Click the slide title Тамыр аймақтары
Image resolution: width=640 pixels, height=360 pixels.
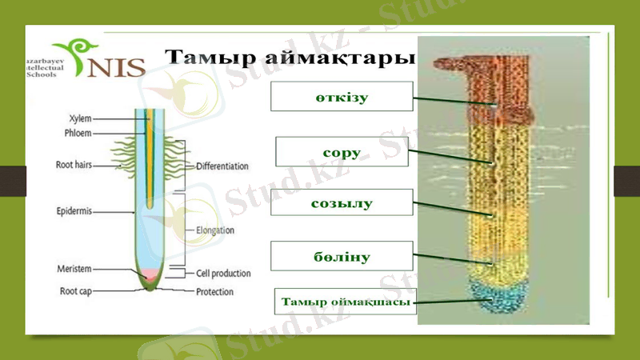click(x=290, y=57)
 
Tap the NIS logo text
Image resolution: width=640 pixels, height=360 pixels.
click(x=116, y=66)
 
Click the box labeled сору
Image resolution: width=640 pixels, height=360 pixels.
click(x=342, y=152)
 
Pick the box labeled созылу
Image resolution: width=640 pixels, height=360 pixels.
click(x=342, y=203)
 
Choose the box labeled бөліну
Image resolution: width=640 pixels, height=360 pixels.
click(x=342, y=256)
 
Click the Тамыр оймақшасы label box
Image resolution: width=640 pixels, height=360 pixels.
click(x=346, y=302)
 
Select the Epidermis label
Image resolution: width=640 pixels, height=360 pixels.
click(x=74, y=211)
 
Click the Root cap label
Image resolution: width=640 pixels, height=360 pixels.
click(x=78, y=291)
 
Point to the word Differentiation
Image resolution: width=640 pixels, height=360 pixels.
click(x=222, y=166)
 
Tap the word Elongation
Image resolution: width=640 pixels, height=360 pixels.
click(x=215, y=230)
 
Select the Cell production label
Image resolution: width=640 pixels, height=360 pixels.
click(x=223, y=273)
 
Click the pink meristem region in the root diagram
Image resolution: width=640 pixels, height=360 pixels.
click(x=149, y=274)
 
